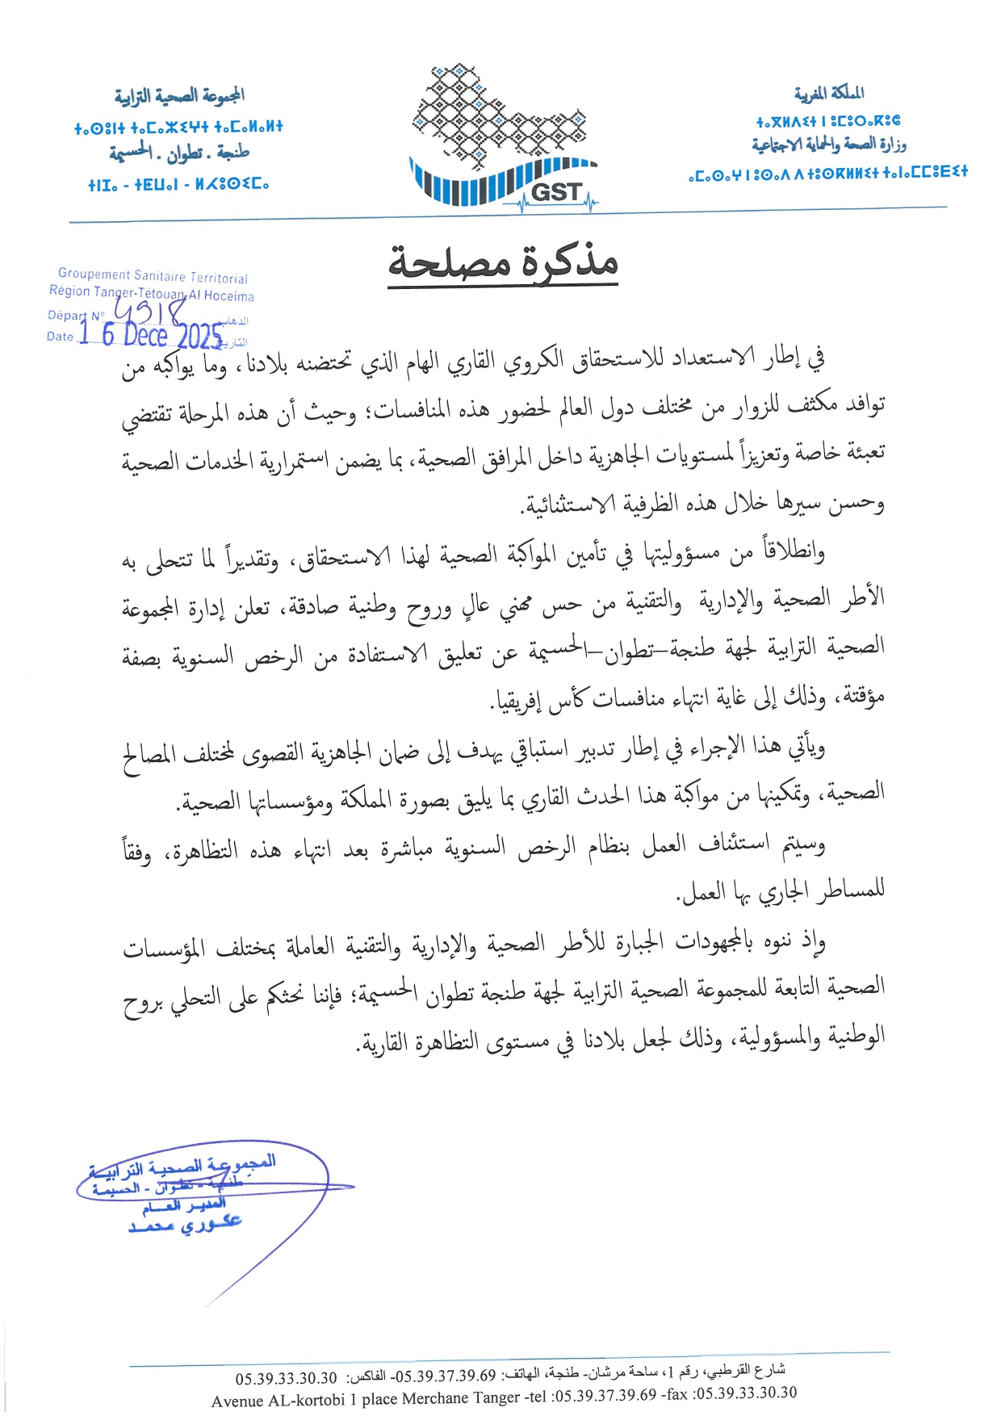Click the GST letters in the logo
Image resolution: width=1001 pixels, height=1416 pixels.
tap(556, 192)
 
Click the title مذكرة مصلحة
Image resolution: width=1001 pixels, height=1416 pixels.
tap(503, 262)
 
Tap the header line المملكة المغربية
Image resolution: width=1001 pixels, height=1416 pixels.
tap(829, 94)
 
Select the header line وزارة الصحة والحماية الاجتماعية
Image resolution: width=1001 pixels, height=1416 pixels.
tap(829, 145)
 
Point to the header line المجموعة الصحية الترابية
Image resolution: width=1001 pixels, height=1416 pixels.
tap(179, 97)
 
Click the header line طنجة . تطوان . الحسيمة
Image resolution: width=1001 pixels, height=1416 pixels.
tap(179, 151)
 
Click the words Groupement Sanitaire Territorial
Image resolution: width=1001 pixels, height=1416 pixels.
tap(153, 276)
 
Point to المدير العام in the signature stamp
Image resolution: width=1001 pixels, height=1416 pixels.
tap(184, 1206)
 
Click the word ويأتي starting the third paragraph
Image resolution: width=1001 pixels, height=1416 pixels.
tap(803, 748)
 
